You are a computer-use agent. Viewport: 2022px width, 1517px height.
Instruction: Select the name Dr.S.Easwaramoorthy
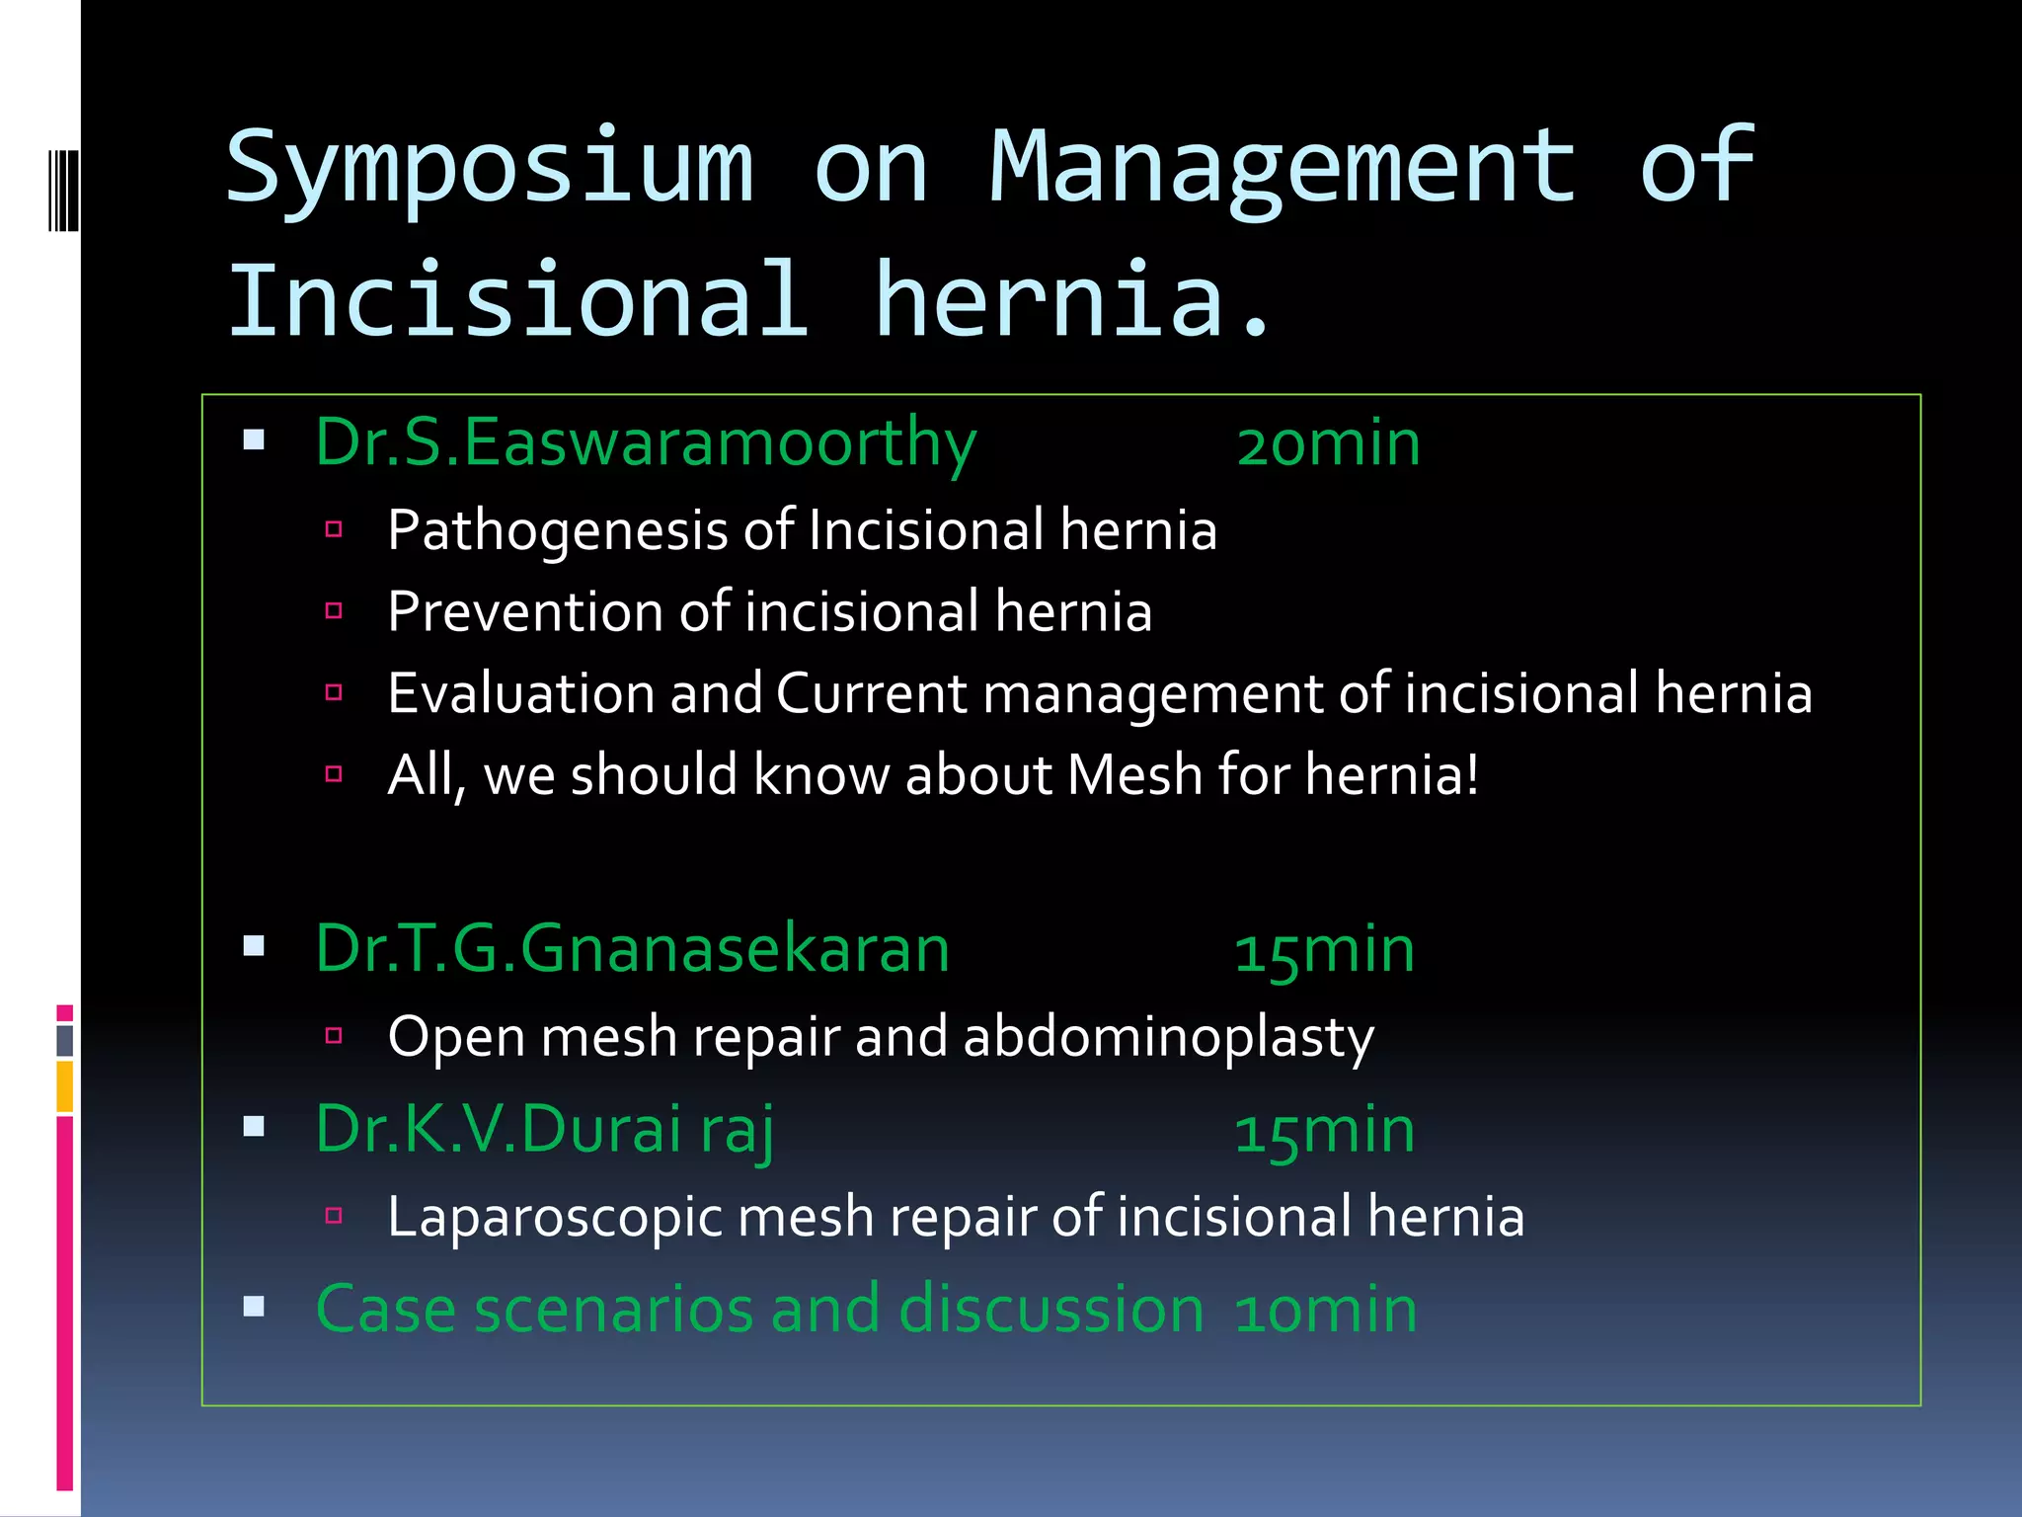646,443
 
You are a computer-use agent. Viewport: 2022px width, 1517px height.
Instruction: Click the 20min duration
1328,443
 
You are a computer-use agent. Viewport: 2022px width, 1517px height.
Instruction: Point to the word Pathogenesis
557,531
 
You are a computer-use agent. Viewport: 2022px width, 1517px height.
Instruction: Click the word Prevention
524,611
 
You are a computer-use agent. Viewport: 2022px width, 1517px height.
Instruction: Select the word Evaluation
520,693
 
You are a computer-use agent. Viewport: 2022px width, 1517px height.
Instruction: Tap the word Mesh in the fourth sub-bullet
1133,774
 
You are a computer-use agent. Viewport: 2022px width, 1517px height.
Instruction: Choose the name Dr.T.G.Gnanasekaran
632,949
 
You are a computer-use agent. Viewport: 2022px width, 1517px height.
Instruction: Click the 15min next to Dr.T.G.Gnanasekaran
1325,951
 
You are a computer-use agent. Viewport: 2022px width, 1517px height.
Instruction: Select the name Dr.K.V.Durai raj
545,1130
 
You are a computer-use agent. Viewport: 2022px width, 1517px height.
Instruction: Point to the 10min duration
1326,1311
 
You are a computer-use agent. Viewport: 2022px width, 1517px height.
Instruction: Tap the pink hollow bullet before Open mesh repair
334,1036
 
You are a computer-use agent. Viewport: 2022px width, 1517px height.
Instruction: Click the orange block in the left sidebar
65,1086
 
